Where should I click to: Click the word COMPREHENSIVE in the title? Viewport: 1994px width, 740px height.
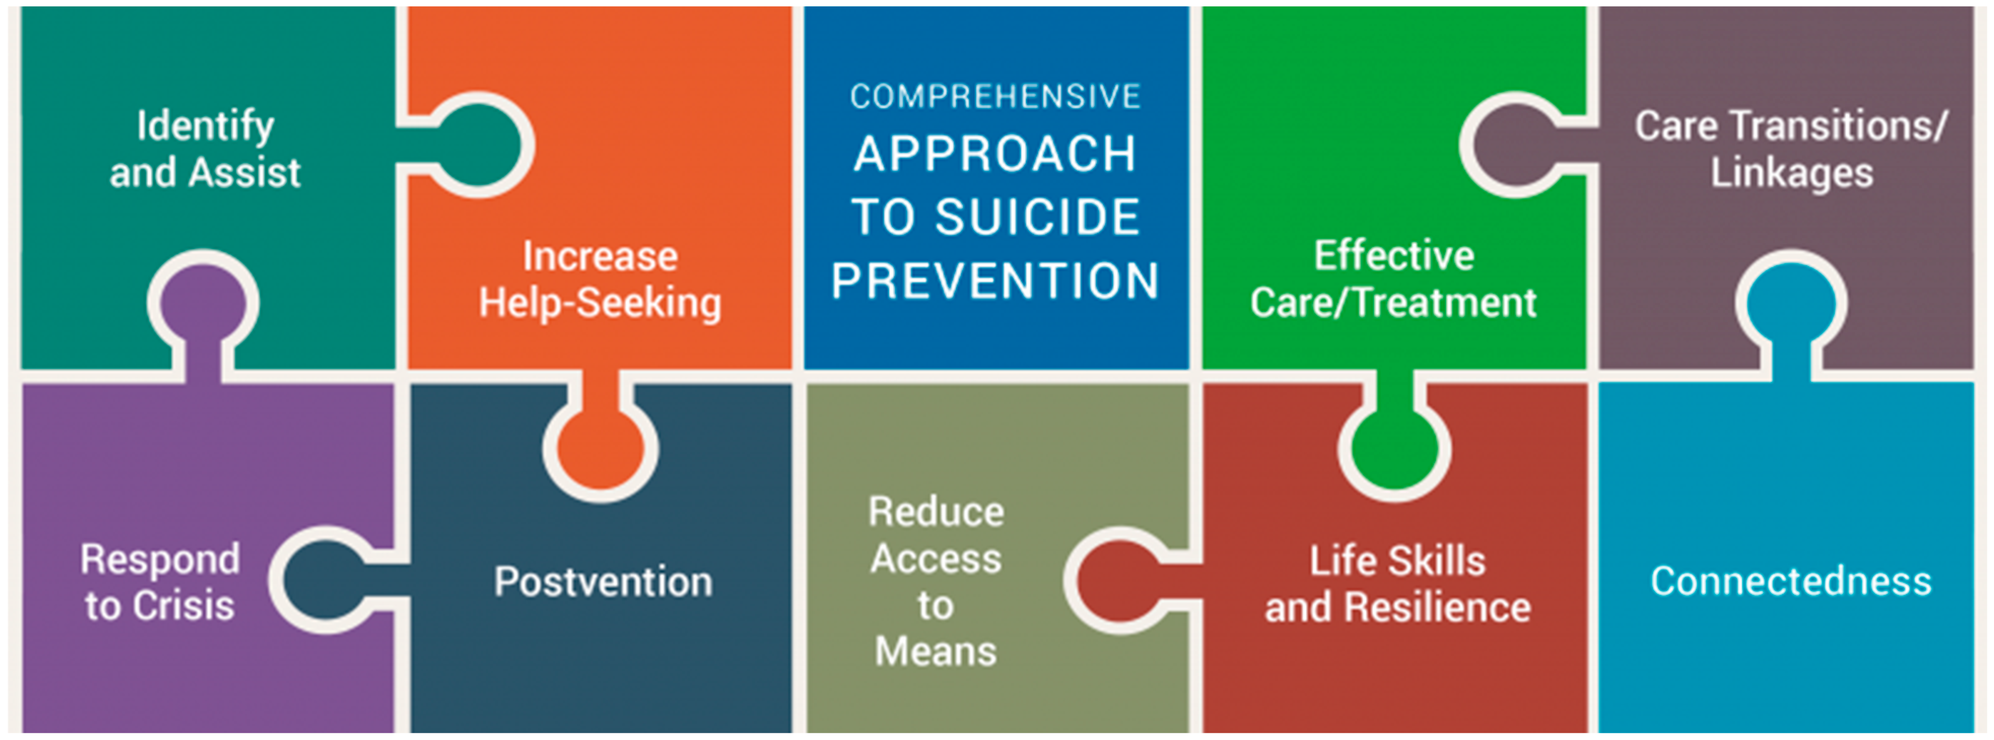pos(995,97)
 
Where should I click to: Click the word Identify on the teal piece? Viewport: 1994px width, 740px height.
pos(205,127)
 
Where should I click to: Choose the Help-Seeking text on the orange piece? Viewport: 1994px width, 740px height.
pos(600,303)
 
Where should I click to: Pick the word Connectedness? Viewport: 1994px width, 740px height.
pos(1791,581)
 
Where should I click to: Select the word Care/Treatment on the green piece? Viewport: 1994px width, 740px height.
pos(1393,303)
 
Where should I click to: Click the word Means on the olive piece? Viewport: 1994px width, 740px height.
pos(935,652)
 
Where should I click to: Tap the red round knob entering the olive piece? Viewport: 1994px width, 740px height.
pos(1119,581)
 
